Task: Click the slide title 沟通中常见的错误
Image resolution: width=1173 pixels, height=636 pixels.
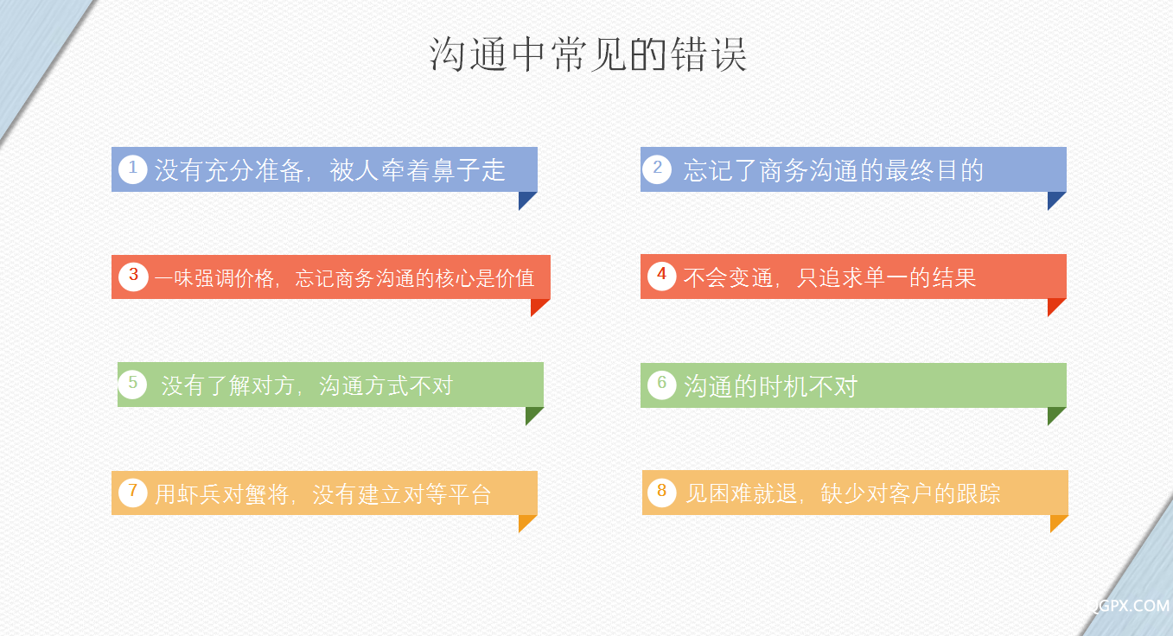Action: coord(588,54)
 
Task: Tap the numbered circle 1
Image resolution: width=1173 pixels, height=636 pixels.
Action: coord(132,169)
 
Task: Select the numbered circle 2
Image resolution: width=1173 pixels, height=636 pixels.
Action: coord(657,169)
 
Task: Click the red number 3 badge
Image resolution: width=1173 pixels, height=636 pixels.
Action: coord(133,276)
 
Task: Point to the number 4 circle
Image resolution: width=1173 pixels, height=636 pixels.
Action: coord(662,276)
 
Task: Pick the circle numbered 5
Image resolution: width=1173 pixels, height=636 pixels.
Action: coord(132,385)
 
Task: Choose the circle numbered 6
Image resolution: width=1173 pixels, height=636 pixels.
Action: coord(662,385)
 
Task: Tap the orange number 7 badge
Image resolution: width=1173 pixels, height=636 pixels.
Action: coord(132,493)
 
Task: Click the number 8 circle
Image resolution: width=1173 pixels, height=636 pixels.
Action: coord(662,493)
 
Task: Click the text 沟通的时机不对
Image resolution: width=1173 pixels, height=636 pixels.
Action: coord(770,386)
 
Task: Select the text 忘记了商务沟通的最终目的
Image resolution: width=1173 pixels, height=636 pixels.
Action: coord(833,170)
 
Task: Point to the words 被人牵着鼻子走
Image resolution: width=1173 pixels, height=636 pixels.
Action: coord(418,170)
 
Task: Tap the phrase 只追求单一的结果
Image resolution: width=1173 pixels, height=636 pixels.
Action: coord(886,277)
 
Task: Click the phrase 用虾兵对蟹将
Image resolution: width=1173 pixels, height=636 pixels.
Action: coord(222,494)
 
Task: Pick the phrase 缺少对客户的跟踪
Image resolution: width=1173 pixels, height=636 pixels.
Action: coord(910,493)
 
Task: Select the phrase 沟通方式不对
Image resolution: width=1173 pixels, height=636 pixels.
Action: coord(386,385)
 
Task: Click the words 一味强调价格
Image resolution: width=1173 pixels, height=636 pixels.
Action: coord(214,278)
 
